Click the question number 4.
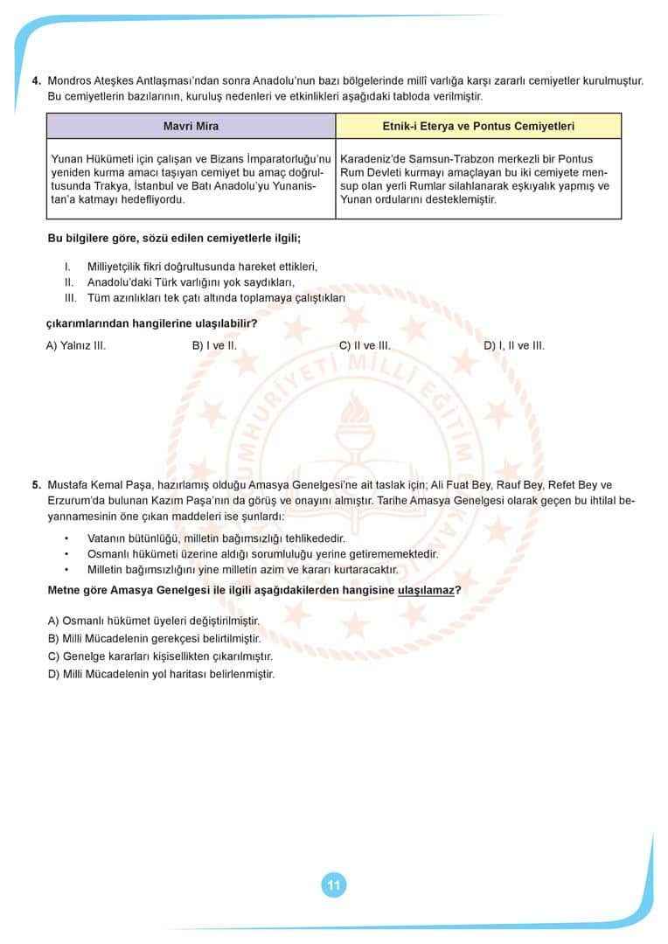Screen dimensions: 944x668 [36, 81]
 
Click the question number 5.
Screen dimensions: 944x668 [36, 485]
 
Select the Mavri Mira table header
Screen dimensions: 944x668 [191, 127]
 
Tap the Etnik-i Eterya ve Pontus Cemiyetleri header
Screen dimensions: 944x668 [478, 127]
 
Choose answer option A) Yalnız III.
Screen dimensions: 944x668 [76, 345]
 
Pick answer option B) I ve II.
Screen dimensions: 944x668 [214, 345]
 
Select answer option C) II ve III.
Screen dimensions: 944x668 [365, 345]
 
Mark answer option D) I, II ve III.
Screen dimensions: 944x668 [514, 345]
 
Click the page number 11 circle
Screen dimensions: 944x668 [333, 885]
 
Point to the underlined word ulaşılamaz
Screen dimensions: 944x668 [426, 590]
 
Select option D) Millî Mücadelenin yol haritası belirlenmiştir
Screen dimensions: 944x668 [161, 674]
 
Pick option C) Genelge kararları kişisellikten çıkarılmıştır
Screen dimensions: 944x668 [160, 656]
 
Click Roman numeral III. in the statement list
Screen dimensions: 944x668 [71, 297]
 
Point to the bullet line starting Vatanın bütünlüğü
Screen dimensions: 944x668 [216, 538]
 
